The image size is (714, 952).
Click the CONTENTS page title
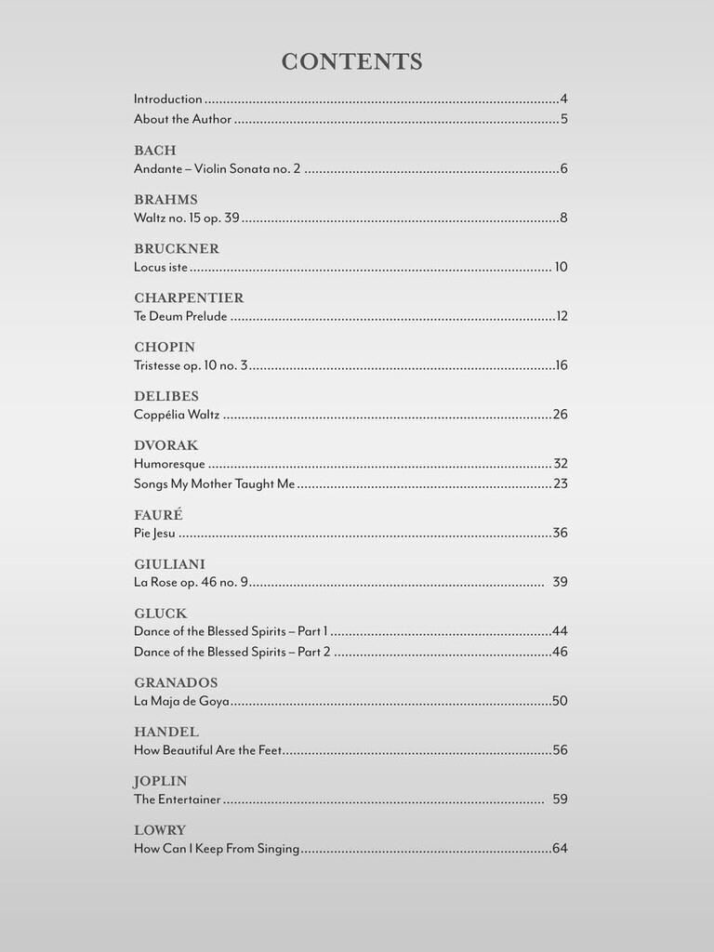click(352, 62)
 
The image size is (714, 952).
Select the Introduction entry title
click(168, 99)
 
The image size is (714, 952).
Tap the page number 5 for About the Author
click(563, 119)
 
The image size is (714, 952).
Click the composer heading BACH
click(154, 151)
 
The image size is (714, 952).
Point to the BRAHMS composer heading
click(165, 200)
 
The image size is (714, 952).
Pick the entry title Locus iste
click(161, 267)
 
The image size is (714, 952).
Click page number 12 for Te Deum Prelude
click(562, 316)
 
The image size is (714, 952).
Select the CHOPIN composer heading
click(165, 348)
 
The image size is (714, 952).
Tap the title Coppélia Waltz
click(177, 415)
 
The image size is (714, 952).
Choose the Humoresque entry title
click(169, 464)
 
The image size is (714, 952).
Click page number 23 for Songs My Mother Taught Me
click(560, 483)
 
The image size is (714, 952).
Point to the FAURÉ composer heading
click(158, 514)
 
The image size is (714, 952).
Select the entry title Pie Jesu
click(154, 533)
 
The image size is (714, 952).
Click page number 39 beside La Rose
click(560, 582)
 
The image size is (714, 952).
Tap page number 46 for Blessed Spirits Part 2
click(560, 652)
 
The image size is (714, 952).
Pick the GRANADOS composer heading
click(176, 682)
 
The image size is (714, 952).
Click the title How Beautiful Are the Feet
click(207, 750)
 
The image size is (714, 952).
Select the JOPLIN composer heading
click(160, 781)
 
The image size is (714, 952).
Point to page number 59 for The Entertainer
click(560, 800)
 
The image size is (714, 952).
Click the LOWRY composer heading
click(160, 830)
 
